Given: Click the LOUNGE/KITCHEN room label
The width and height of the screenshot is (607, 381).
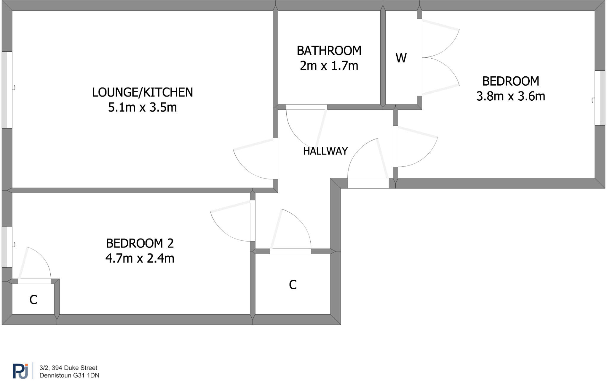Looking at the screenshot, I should (142, 92).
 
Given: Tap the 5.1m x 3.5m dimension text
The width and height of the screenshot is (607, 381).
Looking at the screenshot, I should (142, 107).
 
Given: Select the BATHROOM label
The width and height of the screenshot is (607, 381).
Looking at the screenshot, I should (329, 51).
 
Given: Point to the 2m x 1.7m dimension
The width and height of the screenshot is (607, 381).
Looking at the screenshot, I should (329, 65).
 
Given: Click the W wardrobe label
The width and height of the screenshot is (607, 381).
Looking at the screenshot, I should (401, 58).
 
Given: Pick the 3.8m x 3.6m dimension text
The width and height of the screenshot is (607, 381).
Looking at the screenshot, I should (510, 96).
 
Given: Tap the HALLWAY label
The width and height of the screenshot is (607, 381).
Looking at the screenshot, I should (325, 151).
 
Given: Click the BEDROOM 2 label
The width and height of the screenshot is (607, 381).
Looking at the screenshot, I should (140, 243).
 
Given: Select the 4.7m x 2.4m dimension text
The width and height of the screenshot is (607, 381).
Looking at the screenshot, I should (140, 258).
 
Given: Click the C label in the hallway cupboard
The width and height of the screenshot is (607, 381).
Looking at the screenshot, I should (293, 285).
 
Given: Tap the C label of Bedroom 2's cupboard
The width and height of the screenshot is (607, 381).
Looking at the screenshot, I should (33, 300).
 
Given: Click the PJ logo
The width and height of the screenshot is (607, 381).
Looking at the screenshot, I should (20, 371).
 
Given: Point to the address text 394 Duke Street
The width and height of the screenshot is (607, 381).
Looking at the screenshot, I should (68, 368).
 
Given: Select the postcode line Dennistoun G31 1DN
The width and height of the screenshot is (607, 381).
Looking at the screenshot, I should (69, 375).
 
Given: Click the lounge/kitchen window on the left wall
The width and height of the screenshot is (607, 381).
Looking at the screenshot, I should (7, 90).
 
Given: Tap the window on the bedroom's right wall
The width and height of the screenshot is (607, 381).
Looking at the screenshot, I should (600, 98).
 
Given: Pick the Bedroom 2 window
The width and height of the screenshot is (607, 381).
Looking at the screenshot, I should (7, 247).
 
